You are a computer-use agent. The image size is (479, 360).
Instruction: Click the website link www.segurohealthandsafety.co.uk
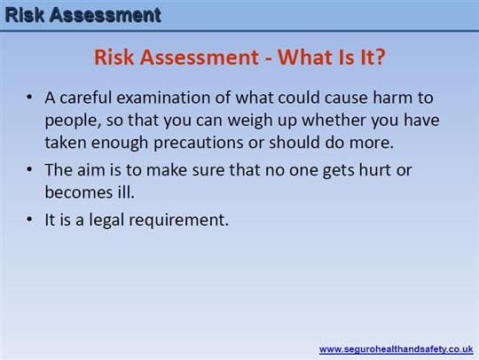coord(396,349)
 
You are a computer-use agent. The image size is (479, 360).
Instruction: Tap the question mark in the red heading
coord(380,57)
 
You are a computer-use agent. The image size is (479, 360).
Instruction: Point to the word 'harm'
coord(393,98)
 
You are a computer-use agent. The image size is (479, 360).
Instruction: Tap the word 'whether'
coord(334,120)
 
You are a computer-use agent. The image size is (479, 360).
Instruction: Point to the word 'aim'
coord(90,170)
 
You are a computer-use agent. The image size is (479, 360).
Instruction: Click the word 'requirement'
coord(178,221)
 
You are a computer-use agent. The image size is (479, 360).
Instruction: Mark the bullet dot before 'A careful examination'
coord(29,98)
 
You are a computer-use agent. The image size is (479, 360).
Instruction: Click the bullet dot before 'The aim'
coord(29,169)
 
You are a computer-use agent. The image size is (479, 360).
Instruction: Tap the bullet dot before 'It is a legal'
coord(29,219)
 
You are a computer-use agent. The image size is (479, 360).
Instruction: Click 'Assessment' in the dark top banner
coord(106,15)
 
